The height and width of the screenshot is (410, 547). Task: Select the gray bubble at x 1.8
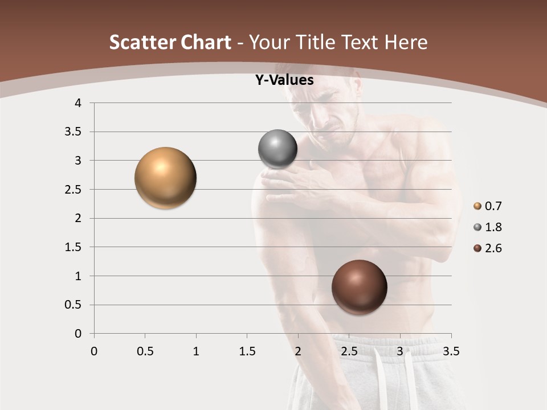277,149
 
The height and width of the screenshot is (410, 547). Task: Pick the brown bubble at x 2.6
359,287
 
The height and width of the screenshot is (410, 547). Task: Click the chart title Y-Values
284,80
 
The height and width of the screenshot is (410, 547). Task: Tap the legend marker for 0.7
477,206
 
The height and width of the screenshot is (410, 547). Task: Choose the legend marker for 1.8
477,227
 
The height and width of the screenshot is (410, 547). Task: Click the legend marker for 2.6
477,248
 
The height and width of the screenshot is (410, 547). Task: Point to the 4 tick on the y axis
79,103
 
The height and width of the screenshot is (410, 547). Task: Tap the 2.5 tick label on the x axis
349,351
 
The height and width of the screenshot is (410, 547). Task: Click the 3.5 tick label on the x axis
451,351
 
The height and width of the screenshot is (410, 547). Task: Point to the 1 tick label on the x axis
196,351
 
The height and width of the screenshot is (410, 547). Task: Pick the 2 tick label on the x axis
298,351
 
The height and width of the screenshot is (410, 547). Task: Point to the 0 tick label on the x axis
94,351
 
